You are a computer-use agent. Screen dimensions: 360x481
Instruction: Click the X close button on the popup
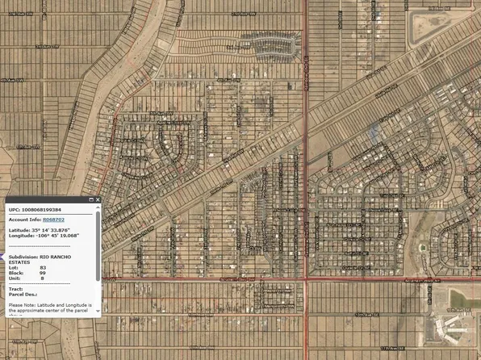tap(98, 199)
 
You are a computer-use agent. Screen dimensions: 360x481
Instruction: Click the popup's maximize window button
tap(90, 199)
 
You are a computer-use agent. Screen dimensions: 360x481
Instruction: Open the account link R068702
tap(54, 220)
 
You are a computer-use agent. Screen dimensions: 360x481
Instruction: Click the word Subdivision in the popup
tap(22, 256)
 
